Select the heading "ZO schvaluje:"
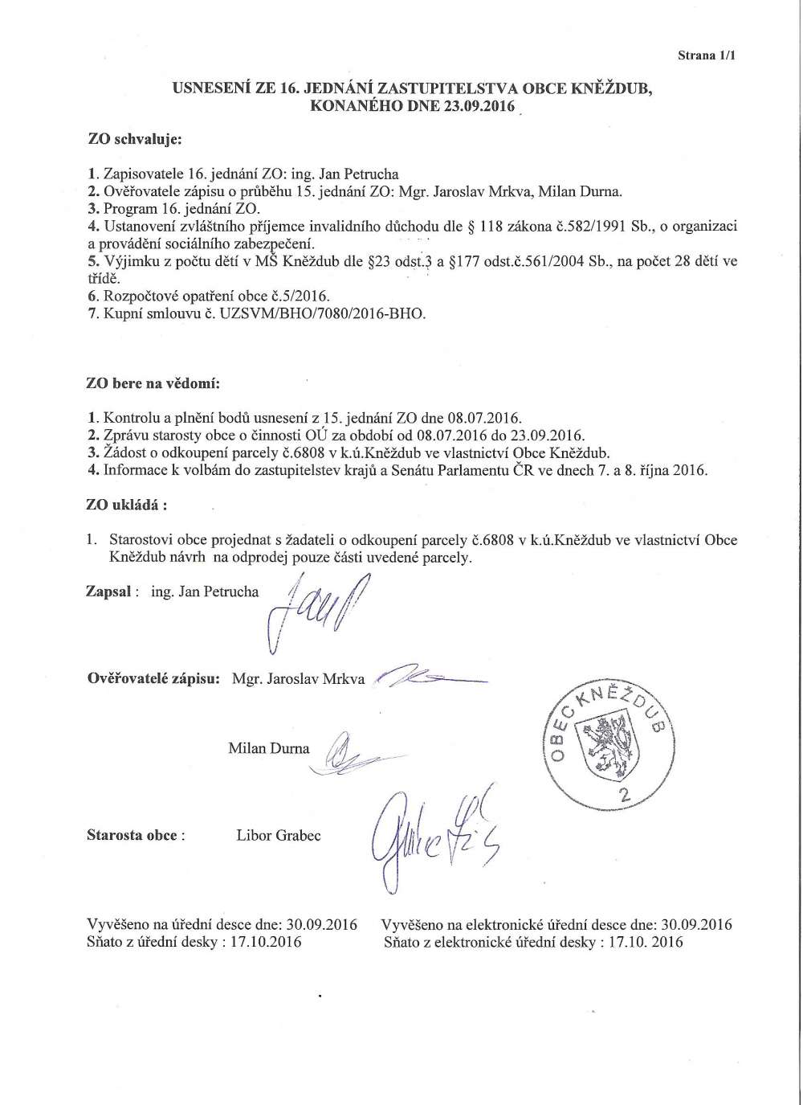(135, 140)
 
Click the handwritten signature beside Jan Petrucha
(313, 611)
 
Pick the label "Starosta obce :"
(136, 835)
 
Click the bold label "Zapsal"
(109, 591)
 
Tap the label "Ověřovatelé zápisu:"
(153, 678)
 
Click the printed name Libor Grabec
(279, 835)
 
